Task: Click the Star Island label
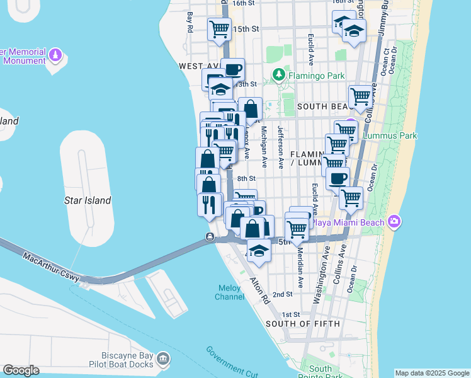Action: [x=88, y=200]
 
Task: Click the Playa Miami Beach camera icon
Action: [x=394, y=221]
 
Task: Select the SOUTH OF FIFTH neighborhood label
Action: [x=303, y=324]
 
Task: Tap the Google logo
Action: [x=21, y=370]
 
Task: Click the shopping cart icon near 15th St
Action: [x=219, y=28]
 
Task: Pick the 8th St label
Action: [x=246, y=179]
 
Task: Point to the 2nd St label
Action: [x=284, y=294]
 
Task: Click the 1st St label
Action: [x=290, y=314]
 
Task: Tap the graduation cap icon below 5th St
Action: [x=258, y=251]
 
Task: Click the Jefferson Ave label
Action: [x=281, y=147]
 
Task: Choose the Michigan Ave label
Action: [x=264, y=147]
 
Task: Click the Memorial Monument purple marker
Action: [x=56, y=55]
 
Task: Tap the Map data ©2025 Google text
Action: [x=432, y=373]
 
